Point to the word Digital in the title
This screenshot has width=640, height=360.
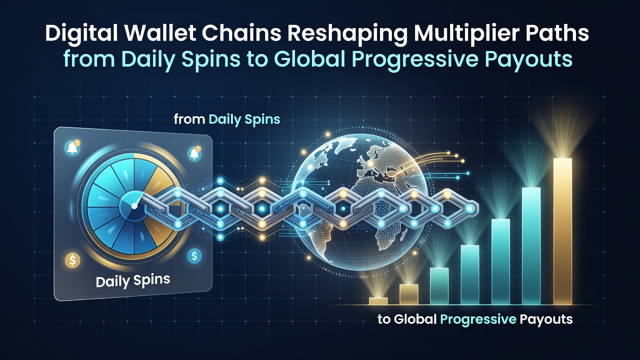(81, 33)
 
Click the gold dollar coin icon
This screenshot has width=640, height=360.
(72, 260)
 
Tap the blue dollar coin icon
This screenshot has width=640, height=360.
(194, 255)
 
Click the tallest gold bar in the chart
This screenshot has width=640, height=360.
(562, 231)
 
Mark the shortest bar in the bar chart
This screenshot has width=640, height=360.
(378, 301)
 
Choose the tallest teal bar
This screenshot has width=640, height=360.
(531, 246)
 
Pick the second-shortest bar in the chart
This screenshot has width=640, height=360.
(409, 294)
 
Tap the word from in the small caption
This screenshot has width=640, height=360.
(189, 119)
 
